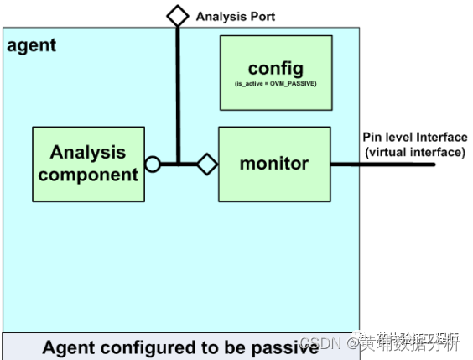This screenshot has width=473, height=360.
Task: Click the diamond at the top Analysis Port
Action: (x=177, y=15)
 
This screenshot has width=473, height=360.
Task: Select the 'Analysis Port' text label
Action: (x=235, y=16)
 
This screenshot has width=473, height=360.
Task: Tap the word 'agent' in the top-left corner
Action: (x=31, y=45)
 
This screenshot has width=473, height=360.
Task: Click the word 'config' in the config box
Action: (x=274, y=68)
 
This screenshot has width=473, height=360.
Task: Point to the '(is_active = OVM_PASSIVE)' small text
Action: (x=274, y=85)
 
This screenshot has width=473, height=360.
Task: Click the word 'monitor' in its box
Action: (x=274, y=164)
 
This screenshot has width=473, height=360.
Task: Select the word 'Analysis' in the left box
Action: (x=88, y=152)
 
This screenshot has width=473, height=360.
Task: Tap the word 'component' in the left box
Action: (x=88, y=175)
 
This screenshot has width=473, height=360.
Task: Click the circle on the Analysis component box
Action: (x=153, y=164)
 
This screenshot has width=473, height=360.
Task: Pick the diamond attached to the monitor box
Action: (x=207, y=164)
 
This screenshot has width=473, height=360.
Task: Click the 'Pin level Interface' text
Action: (x=414, y=138)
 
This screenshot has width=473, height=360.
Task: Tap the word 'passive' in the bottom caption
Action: (x=285, y=347)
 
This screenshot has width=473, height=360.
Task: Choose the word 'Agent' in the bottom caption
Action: (x=69, y=347)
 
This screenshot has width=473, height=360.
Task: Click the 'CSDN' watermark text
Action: (x=317, y=344)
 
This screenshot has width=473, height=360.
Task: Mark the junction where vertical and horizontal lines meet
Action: (x=177, y=164)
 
